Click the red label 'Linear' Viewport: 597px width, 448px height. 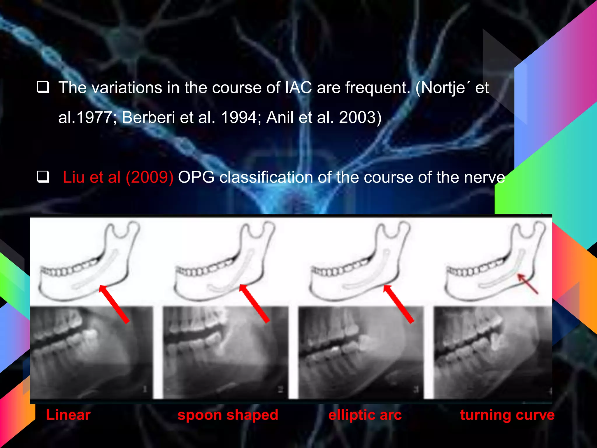pyautogui.click(x=68, y=415)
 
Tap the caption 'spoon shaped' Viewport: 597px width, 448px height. pyautogui.click(x=228, y=415)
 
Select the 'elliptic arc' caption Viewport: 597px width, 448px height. pyautogui.click(x=365, y=415)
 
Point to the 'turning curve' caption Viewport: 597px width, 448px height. pyautogui.click(x=507, y=415)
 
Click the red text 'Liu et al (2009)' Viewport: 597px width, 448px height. pyautogui.click(x=118, y=177)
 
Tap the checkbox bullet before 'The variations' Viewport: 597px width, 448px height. pyautogui.click(x=43, y=87)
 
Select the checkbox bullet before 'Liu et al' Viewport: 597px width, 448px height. pyautogui.click(x=43, y=177)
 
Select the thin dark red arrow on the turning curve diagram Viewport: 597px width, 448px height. pyautogui.click(x=527, y=284)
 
